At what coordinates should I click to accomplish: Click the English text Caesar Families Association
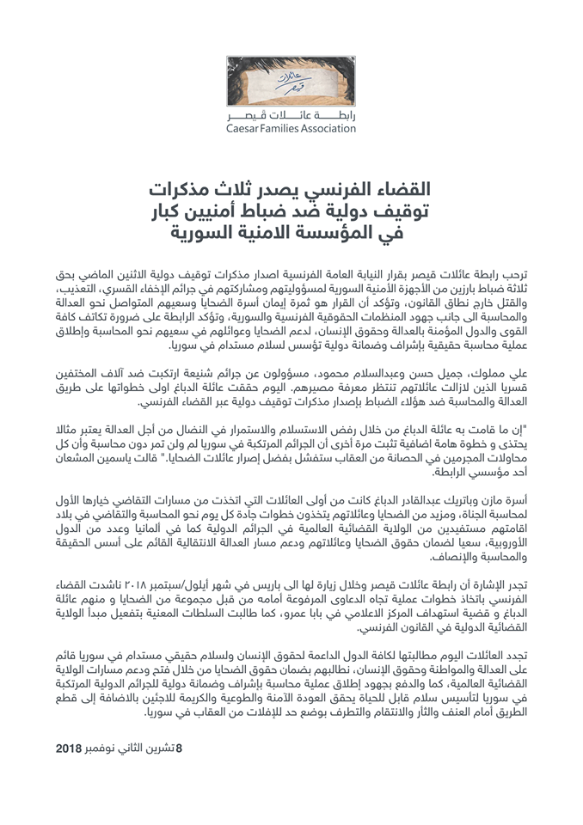[x=291, y=130]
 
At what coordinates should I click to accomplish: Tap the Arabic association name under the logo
[x=291, y=115]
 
